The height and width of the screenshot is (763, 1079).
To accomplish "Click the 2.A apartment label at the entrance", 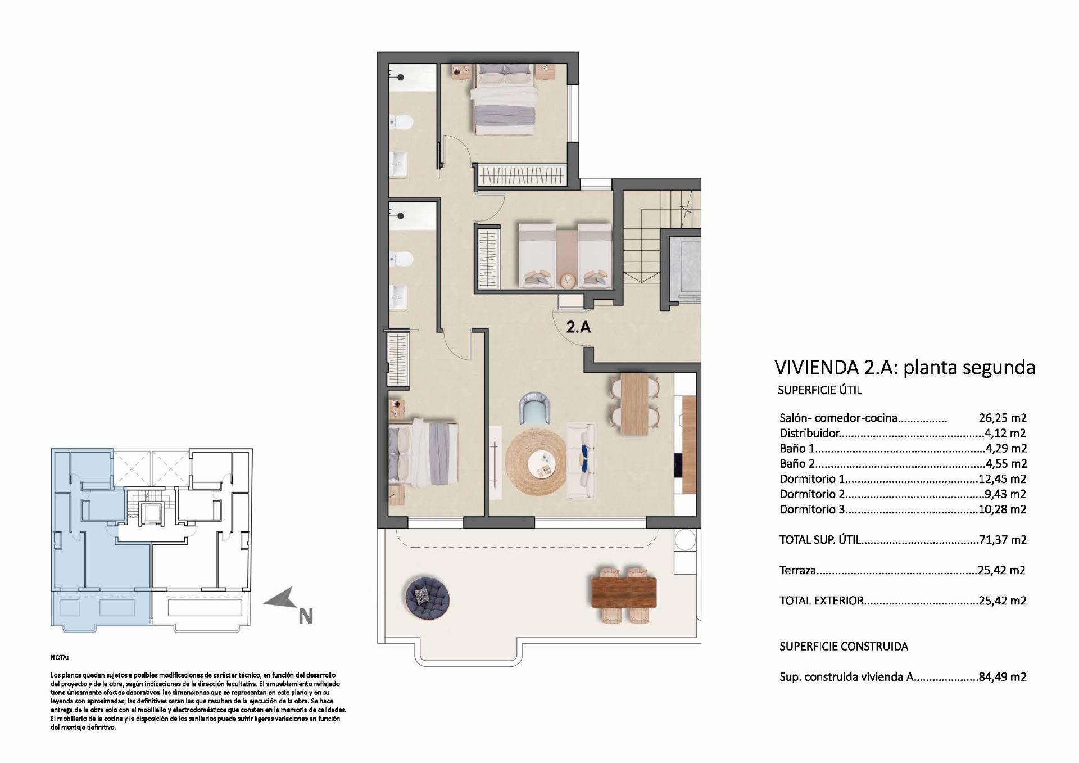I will click(x=578, y=327).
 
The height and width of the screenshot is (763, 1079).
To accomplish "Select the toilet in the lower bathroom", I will click(x=402, y=259).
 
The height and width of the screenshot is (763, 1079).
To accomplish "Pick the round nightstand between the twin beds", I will click(x=568, y=279).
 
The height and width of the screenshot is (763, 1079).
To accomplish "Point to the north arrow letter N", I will click(x=305, y=617).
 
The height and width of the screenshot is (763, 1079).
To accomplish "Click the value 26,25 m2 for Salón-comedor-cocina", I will click(x=1002, y=418).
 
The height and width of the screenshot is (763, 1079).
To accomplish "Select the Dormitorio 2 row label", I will click(x=812, y=494).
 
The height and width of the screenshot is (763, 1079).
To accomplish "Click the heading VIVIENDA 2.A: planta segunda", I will click(x=904, y=367).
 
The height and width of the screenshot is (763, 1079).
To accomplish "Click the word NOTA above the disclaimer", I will click(x=59, y=657).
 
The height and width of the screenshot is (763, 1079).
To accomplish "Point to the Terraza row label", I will click(x=797, y=570).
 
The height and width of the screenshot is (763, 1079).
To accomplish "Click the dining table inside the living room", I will click(x=635, y=405).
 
